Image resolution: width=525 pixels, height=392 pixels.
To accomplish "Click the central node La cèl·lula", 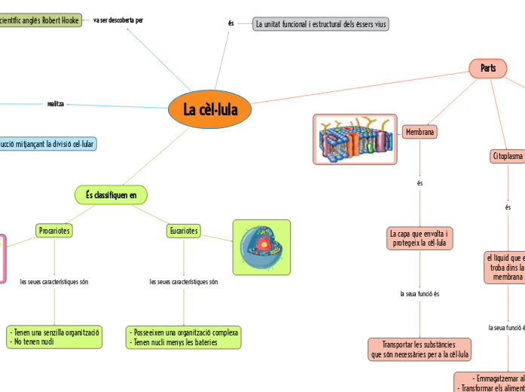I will point(210,110).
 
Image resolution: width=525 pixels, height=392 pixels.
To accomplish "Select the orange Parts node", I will point(488,68).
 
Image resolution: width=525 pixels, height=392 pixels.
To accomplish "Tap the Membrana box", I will point(420,132).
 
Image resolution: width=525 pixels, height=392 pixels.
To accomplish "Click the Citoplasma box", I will point(507,156).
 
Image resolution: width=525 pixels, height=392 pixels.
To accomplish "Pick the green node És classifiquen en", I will point(111,195).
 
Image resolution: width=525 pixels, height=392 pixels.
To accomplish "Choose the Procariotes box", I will point(54,231).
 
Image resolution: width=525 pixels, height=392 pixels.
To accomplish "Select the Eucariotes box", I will point(184,231).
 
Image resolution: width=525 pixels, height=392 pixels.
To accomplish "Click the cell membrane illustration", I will point(355,139).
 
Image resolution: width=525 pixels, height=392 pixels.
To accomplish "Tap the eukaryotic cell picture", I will point(261,247).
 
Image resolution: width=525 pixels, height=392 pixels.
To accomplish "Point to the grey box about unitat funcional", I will point(321,24).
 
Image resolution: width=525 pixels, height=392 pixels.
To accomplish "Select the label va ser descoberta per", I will point(118,20).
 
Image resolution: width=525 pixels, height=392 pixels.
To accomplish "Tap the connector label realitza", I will point(56,103).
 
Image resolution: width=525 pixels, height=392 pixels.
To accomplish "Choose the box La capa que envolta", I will point(420,238).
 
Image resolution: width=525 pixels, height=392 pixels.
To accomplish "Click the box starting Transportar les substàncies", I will point(420,349).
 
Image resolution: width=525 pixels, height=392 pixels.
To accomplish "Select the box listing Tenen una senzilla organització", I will point(54,337).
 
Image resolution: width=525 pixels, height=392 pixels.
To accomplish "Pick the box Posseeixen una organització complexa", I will point(184,337).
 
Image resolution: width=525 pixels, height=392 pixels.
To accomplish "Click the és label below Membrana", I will point(420,182).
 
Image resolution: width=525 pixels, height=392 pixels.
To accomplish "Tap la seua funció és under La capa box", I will point(420,293).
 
